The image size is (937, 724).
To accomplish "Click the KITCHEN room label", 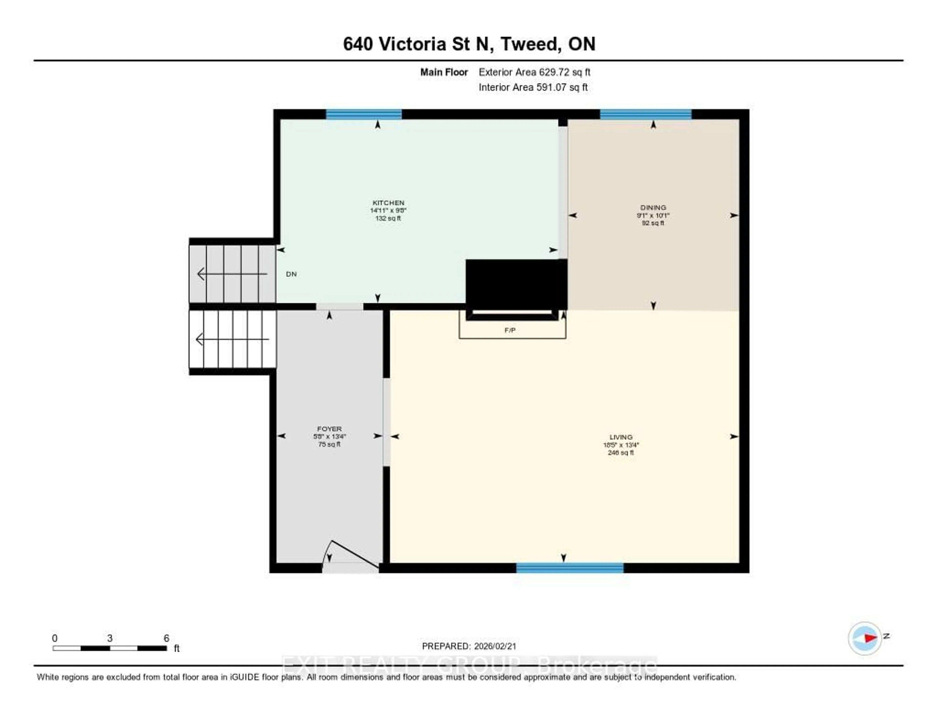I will (388, 203).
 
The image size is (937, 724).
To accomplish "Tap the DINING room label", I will (653, 207).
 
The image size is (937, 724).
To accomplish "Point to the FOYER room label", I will (329, 429).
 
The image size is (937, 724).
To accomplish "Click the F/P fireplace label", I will (510, 330).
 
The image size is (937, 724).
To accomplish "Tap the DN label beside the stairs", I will (291, 274).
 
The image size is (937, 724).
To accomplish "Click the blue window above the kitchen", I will (364, 114).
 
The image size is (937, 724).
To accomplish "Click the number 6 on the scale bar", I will (166, 638).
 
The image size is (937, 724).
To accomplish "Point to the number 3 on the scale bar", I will (110, 638).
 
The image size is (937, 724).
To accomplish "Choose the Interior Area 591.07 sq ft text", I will (533, 87).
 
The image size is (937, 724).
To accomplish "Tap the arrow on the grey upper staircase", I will (232, 274).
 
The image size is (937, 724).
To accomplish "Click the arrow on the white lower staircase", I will (232, 340).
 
